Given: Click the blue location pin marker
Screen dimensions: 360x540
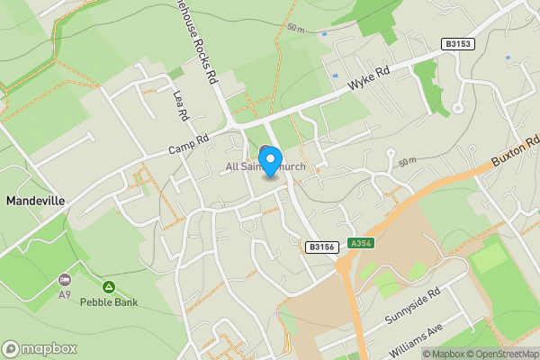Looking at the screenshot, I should pos(268,160).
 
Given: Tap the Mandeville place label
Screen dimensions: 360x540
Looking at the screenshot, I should pos(35,201).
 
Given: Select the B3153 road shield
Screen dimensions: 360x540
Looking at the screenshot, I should pos(458,43).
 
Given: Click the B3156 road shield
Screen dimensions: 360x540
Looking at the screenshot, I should pos(320,247).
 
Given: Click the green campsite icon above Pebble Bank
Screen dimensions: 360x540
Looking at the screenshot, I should pos(108,287).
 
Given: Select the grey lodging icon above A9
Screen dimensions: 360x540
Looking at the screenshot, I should pos(64,281).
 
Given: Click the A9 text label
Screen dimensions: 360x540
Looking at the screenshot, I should pos(65,294).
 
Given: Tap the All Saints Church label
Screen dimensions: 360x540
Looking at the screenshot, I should pos(265,167).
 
